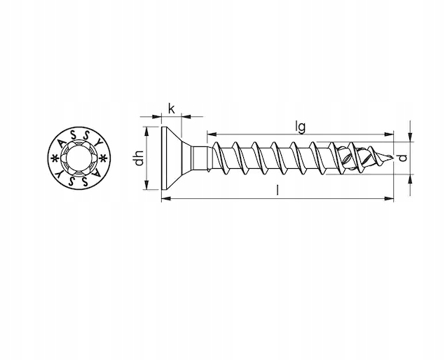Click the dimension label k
pyautogui.click(x=172, y=109)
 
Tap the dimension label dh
pyautogui.click(x=139, y=158)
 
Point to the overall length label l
pyautogui.click(x=278, y=190)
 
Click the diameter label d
pyautogui.click(x=403, y=158)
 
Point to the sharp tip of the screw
pyautogui.click(x=393, y=157)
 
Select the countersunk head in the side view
pyautogui.click(x=172, y=158)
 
